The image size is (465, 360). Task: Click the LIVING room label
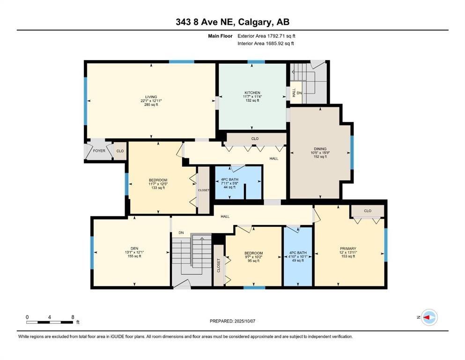pos(151,97)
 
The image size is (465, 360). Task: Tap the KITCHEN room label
pos(252,93)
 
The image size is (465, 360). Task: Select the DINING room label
pos(320,149)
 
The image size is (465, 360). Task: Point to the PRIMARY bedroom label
pos(348,248)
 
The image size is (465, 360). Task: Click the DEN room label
pos(134,248)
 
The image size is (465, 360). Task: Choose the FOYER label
pos(99,151)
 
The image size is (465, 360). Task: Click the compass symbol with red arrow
pos(429,317)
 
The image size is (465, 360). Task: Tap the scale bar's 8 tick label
pos(73,317)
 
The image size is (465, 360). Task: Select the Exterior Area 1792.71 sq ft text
pos(266,36)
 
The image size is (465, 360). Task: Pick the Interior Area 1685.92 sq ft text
pos(266,43)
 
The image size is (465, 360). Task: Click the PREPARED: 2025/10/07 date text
pos(232,321)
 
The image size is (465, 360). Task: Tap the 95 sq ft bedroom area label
pos(253,261)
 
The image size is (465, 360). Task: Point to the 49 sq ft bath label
pos(298,260)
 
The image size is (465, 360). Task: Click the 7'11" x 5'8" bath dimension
pos(229,183)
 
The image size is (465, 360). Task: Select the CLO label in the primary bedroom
pos(368,211)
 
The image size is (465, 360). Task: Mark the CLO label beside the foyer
pos(120,151)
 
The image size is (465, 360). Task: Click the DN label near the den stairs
pos(181,232)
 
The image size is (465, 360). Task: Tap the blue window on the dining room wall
pos(352,152)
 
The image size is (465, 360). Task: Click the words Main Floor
pos(220,36)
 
